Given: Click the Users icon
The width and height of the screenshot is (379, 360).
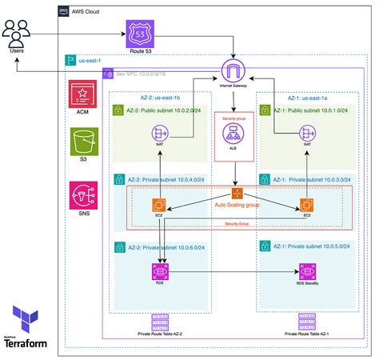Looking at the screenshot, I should pos(17,34).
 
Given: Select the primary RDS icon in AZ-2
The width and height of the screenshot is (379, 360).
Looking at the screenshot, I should pos(158,271).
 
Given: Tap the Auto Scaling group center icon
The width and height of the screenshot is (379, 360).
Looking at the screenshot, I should pos(237,193).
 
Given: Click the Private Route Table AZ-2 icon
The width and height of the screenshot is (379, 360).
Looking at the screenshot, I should pos(159,321).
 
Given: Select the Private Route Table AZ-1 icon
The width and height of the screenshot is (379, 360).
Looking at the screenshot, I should pos(307,321).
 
